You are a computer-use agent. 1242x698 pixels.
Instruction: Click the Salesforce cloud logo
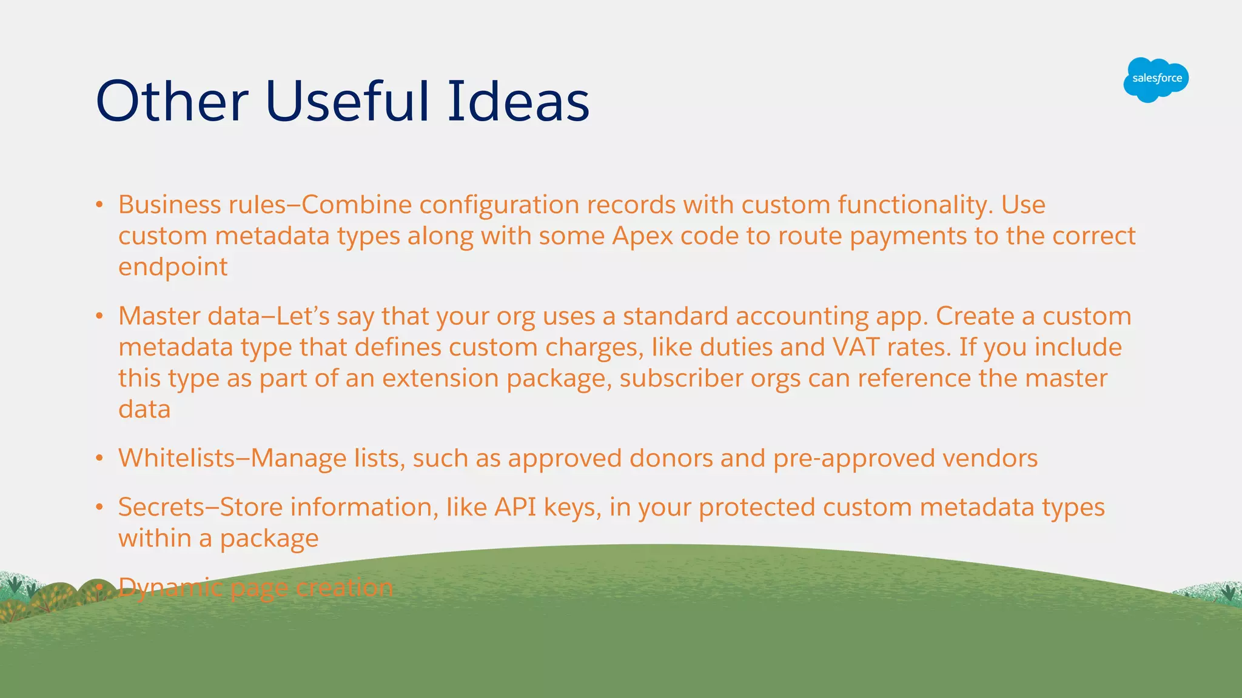tap(1155, 79)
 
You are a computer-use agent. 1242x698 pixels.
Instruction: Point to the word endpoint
tap(173, 267)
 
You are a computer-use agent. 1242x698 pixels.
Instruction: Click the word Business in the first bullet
tap(169, 205)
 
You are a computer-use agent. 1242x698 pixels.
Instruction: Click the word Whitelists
tap(176, 458)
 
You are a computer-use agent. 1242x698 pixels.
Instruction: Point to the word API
tap(515, 507)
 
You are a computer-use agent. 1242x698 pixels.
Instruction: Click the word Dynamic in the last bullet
tap(170, 588)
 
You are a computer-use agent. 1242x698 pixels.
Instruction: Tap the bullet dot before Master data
tap(99, 316)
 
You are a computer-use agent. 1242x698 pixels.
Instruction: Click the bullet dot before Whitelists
tap(99, 459)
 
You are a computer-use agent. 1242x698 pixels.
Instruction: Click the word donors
tap(671, 458)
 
